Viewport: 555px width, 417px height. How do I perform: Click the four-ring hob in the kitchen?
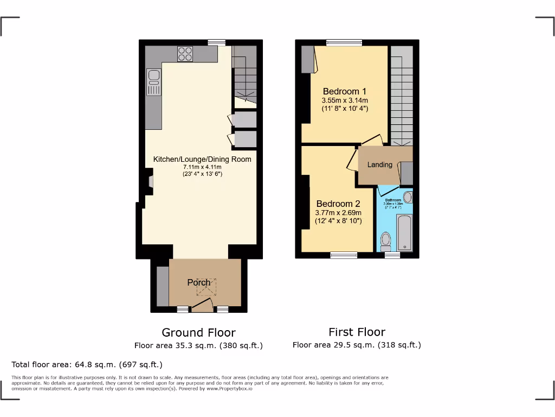pyautogui.click(x=185, y=53)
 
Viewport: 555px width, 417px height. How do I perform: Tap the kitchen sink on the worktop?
pyautogui.click(x=153, y=81)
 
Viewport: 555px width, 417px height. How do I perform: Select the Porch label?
pyautogui.click(x=199, y=282)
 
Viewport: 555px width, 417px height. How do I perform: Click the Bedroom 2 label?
pyautogui.click(x=338, y=204)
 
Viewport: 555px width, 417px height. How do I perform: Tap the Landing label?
pyautogui.click(x=379, y=165)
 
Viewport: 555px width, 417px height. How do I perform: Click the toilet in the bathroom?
pyautogui.click(x=386, y=239)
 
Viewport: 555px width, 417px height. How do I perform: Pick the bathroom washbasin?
pyautogui.click(x=408, y=197)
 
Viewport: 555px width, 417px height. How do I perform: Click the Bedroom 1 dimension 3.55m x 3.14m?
pyautogui.click(x=345, y=100)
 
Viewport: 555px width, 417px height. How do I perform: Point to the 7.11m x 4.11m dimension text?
pyautogui.click(x=202, y=167)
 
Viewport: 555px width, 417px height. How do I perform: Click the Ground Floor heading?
pyautogui.click(x=198, y=332)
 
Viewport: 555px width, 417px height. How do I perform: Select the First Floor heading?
pyautogui.click(x=357, y=332)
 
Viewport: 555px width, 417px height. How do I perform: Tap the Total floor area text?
pyautogui.click(x=87, y=364)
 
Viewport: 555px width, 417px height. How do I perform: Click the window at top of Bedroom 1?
pyautogui.click(x=344, y=42)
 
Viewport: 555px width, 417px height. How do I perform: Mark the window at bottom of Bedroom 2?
pyautogui.click(x=344, y=255)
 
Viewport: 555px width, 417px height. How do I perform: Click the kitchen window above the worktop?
pyautogui.click(x=217, y=42)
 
